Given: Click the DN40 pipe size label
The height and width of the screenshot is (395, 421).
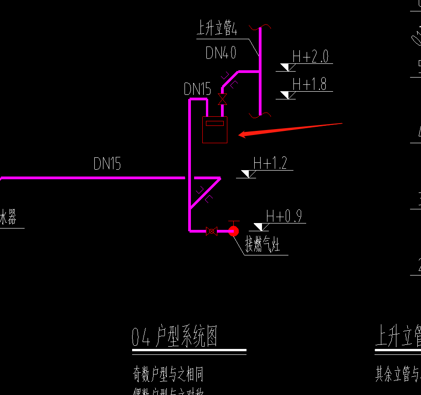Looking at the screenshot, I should point(221,53).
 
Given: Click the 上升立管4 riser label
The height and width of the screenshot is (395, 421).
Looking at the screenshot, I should point(216,30).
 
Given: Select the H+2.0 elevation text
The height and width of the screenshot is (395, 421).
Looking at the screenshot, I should point(310,57).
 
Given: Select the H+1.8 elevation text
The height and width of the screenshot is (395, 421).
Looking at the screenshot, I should point(309,84).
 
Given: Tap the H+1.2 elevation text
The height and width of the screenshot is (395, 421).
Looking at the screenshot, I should point(270,163).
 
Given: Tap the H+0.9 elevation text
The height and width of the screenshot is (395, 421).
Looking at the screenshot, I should point(283,216).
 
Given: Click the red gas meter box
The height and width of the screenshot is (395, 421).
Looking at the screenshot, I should point(215,130).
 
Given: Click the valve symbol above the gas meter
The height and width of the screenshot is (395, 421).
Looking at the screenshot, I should point(222,99).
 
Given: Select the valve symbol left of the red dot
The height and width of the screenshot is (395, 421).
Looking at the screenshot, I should point(211,231).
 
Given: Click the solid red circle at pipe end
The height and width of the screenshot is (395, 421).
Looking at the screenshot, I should point(233,231).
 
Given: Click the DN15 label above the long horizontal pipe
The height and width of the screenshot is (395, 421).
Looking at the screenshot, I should point(107,163).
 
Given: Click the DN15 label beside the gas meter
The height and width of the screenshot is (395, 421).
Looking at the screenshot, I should point(197,89).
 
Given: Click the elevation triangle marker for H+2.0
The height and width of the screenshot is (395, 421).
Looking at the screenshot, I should point(288,68).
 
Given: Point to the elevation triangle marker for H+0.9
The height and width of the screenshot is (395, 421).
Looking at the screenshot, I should point(261,227).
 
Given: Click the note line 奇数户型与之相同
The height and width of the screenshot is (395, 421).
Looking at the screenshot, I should point(168,375).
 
